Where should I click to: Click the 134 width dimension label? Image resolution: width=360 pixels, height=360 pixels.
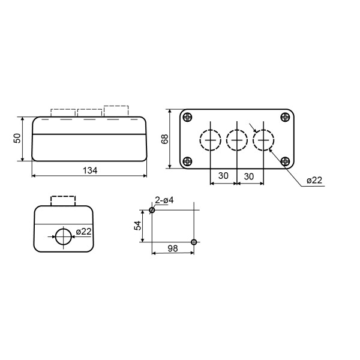click(x=90, y=170)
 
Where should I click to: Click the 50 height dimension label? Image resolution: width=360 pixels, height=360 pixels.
click(x=17, y=138)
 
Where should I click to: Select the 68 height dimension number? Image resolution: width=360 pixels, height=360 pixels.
click(x=164, y=139)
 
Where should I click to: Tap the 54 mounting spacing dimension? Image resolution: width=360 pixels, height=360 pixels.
click(x=137, y=226)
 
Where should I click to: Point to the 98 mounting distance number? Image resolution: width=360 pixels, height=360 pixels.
click(x=173, y=248)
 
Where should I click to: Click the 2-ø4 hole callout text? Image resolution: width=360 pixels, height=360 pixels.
click(x=164, y=200)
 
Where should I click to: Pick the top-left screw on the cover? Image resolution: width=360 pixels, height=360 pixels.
click(x=188, y=117)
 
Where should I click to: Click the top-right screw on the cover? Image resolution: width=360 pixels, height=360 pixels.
click(x=285, y=117)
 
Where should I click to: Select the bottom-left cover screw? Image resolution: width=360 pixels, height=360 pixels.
click(x=188, y=161)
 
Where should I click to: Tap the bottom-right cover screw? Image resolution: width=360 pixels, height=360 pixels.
click(x=285, y=161)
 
